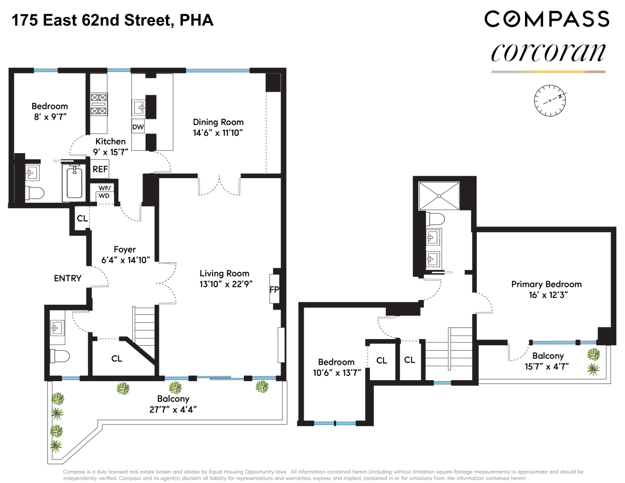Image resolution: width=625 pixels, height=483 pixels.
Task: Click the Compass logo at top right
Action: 547,19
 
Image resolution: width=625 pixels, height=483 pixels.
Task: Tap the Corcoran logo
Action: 548,53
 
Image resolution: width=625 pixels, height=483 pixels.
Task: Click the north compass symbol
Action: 550,100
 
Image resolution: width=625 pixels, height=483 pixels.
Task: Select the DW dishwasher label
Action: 138,127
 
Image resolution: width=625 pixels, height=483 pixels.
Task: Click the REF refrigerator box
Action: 100,169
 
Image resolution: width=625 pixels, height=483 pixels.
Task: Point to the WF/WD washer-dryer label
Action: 104,192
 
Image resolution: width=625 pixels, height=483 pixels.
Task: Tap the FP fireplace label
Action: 274,289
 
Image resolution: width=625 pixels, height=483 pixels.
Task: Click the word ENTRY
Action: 68,278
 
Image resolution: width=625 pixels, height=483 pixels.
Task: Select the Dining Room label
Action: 218,122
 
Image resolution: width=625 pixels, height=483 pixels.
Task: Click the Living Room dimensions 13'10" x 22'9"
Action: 226,284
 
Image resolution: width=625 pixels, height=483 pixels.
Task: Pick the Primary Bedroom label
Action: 546,284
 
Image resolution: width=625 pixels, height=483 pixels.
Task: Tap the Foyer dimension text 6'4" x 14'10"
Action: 126,260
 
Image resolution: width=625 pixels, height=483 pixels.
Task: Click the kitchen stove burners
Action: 99,104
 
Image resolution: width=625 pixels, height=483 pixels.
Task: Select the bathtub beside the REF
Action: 74,182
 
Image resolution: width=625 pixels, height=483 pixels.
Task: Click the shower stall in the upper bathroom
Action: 439,196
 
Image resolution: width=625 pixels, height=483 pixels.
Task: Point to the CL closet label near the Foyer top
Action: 82,218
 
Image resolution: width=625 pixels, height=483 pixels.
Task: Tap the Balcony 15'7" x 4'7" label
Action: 547,361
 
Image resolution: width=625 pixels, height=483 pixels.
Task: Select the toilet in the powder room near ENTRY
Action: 60,356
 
